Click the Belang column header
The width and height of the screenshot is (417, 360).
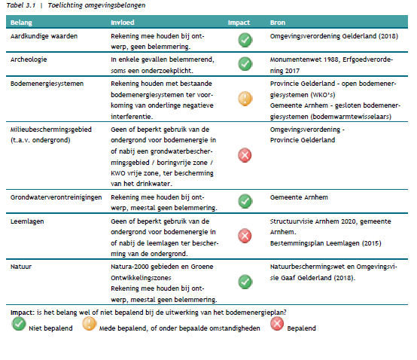[21, 23]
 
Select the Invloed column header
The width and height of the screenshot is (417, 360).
[123, 23]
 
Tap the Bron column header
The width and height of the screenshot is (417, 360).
[278, 23]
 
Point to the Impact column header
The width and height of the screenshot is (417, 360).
[239, 23]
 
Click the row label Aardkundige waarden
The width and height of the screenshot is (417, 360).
[44, 36]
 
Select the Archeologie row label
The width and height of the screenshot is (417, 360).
[29, 59]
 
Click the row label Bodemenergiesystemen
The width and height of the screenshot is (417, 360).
[47, 84]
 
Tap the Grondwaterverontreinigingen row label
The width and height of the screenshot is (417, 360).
[56, 197]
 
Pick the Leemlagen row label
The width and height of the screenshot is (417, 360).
[27, 221]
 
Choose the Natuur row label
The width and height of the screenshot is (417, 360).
[21, 267]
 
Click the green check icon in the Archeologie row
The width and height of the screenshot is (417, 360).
[245, 64]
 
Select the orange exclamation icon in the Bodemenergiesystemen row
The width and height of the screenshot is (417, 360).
[245, 99]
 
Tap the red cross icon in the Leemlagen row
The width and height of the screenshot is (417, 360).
[245, 236]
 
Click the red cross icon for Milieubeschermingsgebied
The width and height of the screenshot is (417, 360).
[245, 155]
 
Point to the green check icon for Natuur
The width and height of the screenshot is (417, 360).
[245, 282]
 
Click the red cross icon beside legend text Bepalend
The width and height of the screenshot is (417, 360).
[277, 324]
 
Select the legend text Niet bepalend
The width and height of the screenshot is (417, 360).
[50, 328]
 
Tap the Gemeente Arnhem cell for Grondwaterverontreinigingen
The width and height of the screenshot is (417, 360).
[299, 197]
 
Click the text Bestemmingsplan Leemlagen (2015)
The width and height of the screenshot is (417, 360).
[325, 243]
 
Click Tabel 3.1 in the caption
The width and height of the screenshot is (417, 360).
[21, 5]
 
